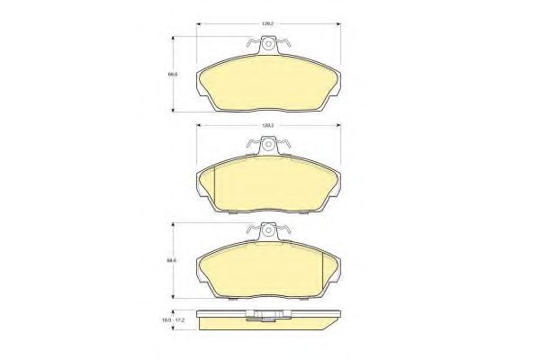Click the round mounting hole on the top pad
266,43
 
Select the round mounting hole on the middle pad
266,144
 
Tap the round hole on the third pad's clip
266,231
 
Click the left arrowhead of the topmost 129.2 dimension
200,23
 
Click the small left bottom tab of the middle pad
232,217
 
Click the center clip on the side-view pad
266,315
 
